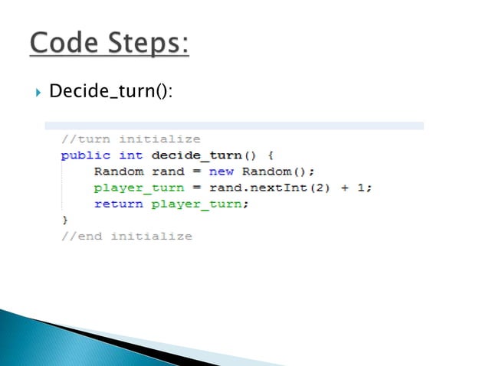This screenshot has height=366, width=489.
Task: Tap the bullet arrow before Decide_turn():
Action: [37, 93]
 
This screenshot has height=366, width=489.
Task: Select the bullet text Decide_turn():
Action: [110, 93]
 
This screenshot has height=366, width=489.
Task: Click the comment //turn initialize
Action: [130, 139]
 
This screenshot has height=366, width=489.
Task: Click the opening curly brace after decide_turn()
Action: [271, 155]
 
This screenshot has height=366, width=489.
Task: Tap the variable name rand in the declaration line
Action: [168, 172]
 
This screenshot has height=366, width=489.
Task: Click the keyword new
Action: [222, 172]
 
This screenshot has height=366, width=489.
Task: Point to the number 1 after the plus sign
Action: [366, 188]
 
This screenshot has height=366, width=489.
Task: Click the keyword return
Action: [118, 204]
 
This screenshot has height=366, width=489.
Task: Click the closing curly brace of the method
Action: [64, 220]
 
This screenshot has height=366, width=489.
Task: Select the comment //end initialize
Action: [126, 236]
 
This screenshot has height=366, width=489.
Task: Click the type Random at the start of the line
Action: [118, 172]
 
